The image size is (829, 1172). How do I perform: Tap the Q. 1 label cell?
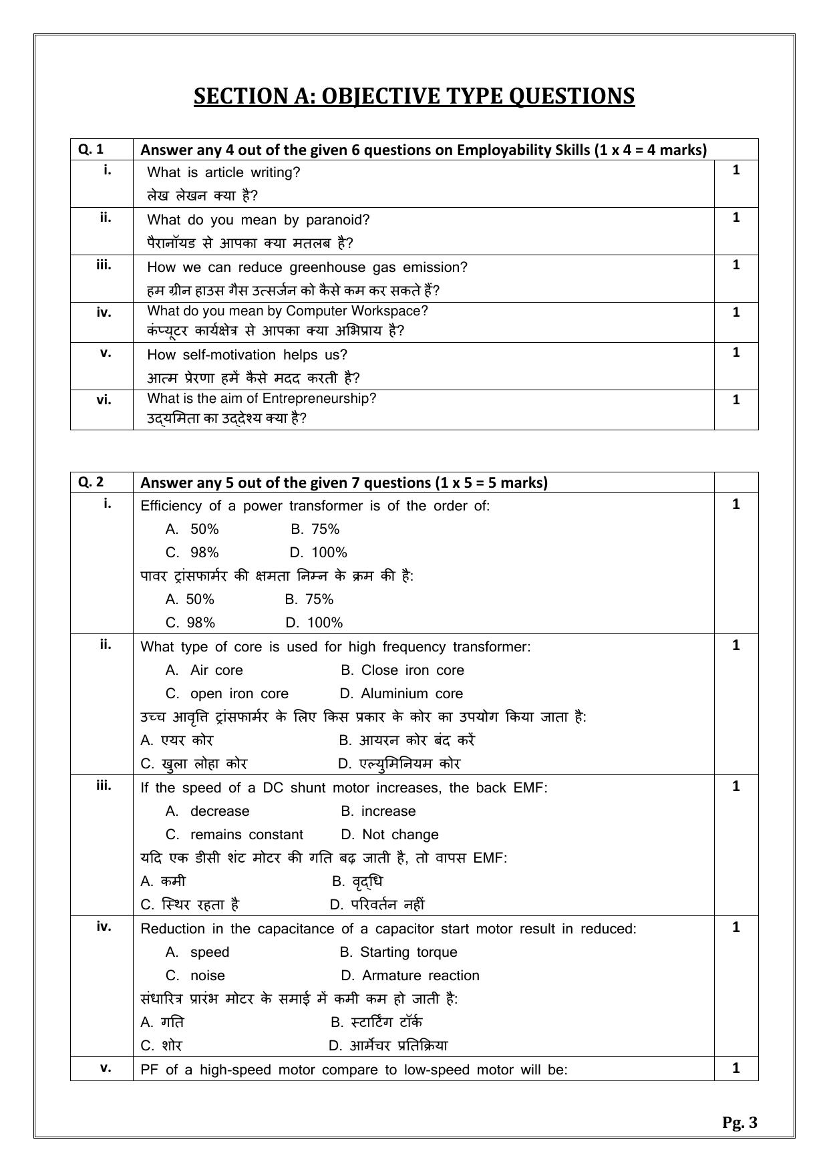91,149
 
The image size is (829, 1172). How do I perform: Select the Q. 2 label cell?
91,482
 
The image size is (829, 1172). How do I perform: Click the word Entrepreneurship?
319,398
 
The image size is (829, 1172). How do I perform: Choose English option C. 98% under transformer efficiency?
192,553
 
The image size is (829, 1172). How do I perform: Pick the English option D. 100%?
319,553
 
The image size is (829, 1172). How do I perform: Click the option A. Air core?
204,670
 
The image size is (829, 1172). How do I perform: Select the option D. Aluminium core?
401,694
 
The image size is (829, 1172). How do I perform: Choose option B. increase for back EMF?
378,811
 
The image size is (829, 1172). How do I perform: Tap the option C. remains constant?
234,835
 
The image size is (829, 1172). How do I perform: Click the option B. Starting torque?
399,952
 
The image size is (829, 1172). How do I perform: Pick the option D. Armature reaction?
410,976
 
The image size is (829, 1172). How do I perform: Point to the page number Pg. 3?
739,1123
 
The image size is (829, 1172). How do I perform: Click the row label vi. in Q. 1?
104,400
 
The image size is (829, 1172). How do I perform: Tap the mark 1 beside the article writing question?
736,170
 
